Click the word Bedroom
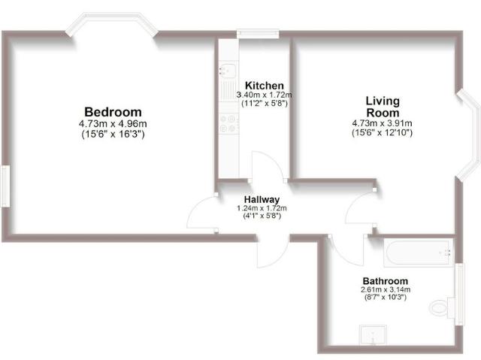point(112,112)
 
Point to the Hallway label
point(262,199)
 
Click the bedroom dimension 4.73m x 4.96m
point(112,124)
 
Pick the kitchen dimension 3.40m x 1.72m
point(264,95)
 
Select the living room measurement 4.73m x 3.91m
point(382,124)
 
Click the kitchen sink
point(226,71)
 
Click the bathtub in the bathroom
point(417,253)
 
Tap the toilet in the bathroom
point(442,307)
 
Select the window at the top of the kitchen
point(258,33)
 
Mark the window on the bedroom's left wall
point(4,186)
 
